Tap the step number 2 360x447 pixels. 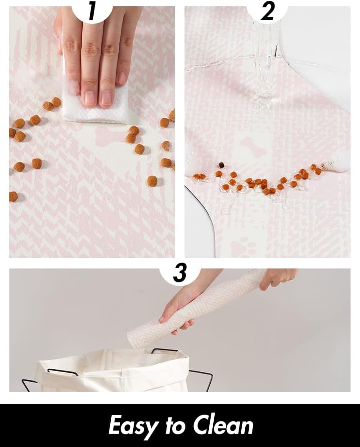coord(267,13)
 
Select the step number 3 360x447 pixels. coord(180,273)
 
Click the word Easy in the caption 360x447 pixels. coord(133,426)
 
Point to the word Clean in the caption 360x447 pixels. coord(223,425)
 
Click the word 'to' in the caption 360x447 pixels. coord(175,425)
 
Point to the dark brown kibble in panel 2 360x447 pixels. coord(221,165)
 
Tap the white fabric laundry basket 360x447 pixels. coord(112,371)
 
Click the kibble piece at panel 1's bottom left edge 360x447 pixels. coord(13,197)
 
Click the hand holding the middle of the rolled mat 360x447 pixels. coord(177,311)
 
